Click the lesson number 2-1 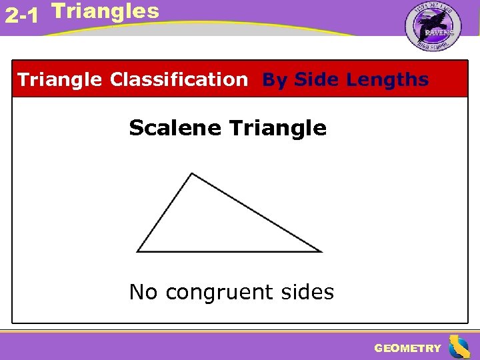click(x=21, y=16)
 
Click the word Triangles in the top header click(x=105, y=11)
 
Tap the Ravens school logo click(x=433, y=27)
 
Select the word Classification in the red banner click(x=178, y=80)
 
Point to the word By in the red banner click(x=275, y=80)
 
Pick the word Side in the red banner click(x=317, y=80)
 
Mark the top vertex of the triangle click(x=192, y=174)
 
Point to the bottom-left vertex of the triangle click(x=137, y=251)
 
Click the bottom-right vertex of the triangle click(x=321, y=251)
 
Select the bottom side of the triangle click(x=229, y=251)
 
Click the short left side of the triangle click(x=165, y=213)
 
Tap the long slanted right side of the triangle click(x=257, y=213)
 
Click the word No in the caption click(x=143, y=292)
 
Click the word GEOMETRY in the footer click(x=407, y=348)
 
